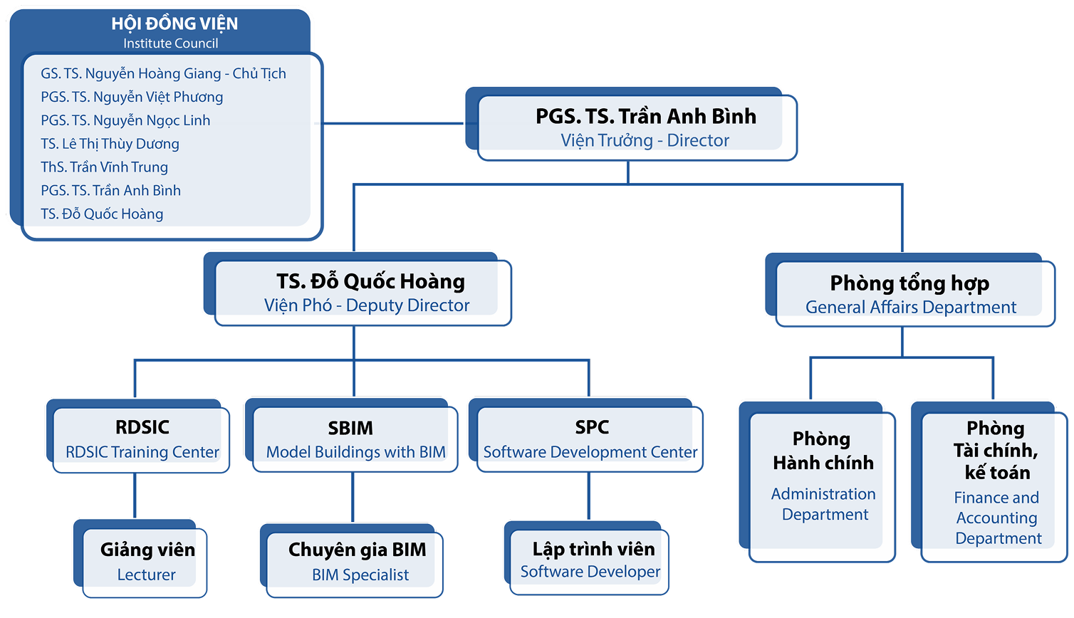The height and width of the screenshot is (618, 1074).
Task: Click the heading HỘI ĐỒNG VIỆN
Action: [x=174, y=23]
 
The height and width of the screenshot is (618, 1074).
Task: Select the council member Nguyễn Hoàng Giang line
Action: [x=163, y=73]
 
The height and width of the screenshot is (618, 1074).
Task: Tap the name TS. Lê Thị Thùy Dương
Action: [x=110, y=144]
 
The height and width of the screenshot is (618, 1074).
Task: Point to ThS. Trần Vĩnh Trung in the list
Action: [x=104, y=167]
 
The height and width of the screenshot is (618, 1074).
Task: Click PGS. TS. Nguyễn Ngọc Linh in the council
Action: [x=125, y=120]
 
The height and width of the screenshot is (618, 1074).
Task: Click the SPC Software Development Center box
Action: [x=589, y=439]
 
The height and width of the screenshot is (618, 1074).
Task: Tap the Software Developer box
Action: [x=590, y=560]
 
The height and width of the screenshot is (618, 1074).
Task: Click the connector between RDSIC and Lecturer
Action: [x=135, y=496]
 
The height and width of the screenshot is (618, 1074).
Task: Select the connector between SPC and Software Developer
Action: [x=588, y=496]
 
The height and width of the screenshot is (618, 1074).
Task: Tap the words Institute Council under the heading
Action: [x=171, y=43]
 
